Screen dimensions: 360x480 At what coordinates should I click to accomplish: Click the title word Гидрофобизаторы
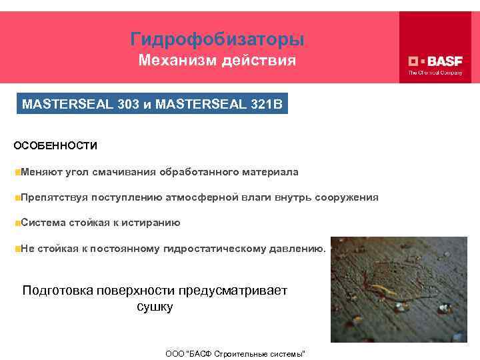coord(217,39)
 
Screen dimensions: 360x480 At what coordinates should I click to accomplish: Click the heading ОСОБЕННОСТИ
coord(55,145)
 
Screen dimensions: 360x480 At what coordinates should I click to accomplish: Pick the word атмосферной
coord(212,197)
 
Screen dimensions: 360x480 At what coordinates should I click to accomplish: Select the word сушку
coord(154,307)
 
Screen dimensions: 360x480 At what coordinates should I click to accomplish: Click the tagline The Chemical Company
coord(435,73)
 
